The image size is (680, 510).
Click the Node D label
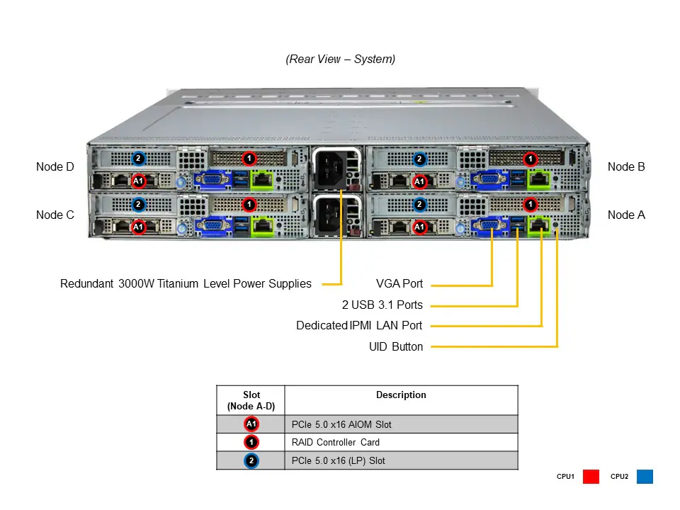55,167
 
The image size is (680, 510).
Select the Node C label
55,215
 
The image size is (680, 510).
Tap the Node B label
626,167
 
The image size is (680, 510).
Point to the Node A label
626,215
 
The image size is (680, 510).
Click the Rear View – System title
340,59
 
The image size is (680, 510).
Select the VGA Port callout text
399,284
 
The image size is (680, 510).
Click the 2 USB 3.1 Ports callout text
382,305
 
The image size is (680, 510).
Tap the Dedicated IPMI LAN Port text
359,326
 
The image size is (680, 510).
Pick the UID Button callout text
396,347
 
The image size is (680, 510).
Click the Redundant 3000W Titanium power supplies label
186,284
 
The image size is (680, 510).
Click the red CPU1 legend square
591,477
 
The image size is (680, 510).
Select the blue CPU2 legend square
644,477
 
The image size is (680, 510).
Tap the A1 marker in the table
251,424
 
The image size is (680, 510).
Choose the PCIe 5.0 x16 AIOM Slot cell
341,425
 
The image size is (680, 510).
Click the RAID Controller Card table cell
335,443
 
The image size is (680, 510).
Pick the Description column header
401,395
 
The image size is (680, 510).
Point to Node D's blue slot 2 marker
139,159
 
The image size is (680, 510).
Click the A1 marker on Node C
139,227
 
